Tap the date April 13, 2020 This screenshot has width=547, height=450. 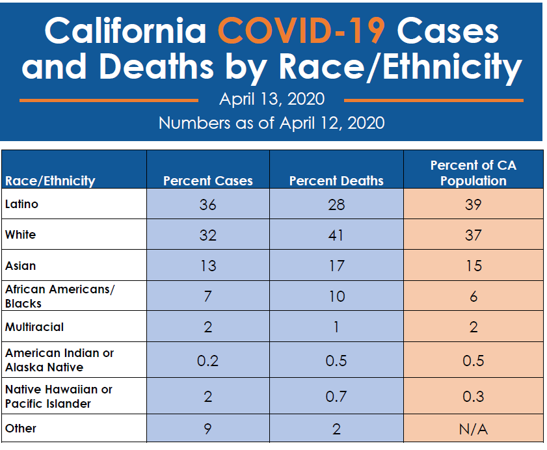pyautogui.click(x=272, y=99)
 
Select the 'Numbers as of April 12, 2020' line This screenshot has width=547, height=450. pyautogui.click(x=271, y=122)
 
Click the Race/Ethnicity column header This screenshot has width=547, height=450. pyautogui.click(x=50, y=181)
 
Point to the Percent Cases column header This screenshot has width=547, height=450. pyautogui.click(x=207, y=181)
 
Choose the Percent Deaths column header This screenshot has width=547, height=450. pyautogui.click(x=336, y=181)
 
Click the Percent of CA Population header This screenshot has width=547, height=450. pyautogui.click(x=473, y=173)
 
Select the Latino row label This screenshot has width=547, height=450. pyautogui.click(x=22, y=204)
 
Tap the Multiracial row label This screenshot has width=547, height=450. pyautogui.click(x=34, y=326)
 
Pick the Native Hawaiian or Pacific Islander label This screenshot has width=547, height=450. pyautogui.click(x=59, y=396)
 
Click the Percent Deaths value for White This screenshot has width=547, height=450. pyautogui.click(x=336, y=235)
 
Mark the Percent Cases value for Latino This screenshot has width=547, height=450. pyautogui.click(x=207, y=205)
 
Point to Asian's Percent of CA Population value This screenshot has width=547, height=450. pyautogui.click(x=473, y=265)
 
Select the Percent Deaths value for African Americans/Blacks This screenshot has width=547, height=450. pyautogui.click(x=336, y=297)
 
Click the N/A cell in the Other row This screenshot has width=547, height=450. pyautogui.click(x=473, y=429)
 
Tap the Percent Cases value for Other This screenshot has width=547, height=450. pyautogui.click(x=207, y=429)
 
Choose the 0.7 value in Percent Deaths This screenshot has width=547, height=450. pyautogui.click(x=336, y=396)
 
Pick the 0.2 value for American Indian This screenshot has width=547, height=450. pyautogui.click(x=207, y=360)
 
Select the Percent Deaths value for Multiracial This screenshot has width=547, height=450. pyautogui.click(x=336, y=327)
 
